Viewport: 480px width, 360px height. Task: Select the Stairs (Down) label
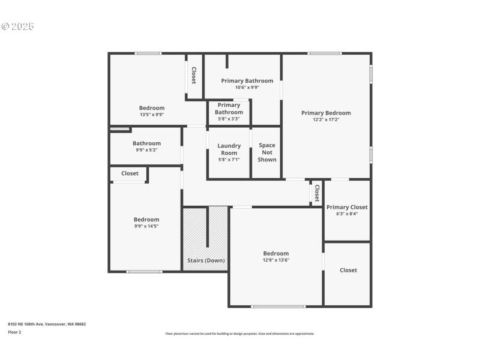[206, 260]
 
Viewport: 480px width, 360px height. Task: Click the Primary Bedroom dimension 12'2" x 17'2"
[326, 119]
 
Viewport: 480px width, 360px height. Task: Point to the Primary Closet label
[347, 207]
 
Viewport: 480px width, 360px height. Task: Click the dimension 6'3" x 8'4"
[347, 214]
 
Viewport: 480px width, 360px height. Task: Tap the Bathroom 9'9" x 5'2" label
[146, 143]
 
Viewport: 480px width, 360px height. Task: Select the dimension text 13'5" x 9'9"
[151, 115]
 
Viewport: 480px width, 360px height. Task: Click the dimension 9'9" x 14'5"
[146, 226]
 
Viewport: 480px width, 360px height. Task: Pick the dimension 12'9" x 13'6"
[275, 260]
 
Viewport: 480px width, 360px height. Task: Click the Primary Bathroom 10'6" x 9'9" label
[247, 80]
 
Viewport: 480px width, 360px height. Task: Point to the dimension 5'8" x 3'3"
[229, 119]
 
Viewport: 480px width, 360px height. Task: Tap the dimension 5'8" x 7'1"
[229, 160]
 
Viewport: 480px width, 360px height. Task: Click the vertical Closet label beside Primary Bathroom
[194, 75]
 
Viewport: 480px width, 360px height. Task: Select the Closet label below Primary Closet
[348, 270]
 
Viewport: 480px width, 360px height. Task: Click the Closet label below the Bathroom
[130, 173]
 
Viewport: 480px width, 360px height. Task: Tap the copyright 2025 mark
[18, 26]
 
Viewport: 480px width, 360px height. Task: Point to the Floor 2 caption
[14, 332]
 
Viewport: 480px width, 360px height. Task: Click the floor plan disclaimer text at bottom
[239, 334]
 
